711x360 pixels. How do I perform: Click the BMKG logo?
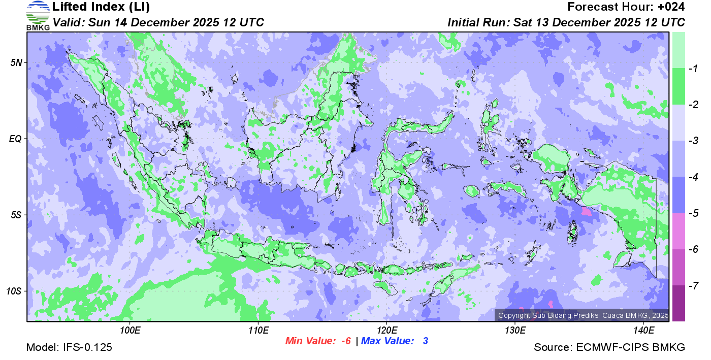(38, 15)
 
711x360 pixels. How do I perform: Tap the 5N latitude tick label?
(17, 62)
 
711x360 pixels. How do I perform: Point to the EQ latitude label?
(16, 139)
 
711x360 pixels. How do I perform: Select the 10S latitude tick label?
(15, 291)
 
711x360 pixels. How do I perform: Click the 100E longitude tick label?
(130, 331)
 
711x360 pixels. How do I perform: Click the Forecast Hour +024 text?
(626, 7)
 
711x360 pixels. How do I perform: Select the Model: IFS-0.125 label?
(69, 347)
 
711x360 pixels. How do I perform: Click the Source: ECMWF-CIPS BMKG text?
(609, 347)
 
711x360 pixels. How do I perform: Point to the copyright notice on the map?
(582, 315)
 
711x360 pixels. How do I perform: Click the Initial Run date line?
(566, 22)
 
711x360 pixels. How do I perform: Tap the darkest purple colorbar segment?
(678, 303)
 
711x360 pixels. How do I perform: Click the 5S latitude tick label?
(17, 215)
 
